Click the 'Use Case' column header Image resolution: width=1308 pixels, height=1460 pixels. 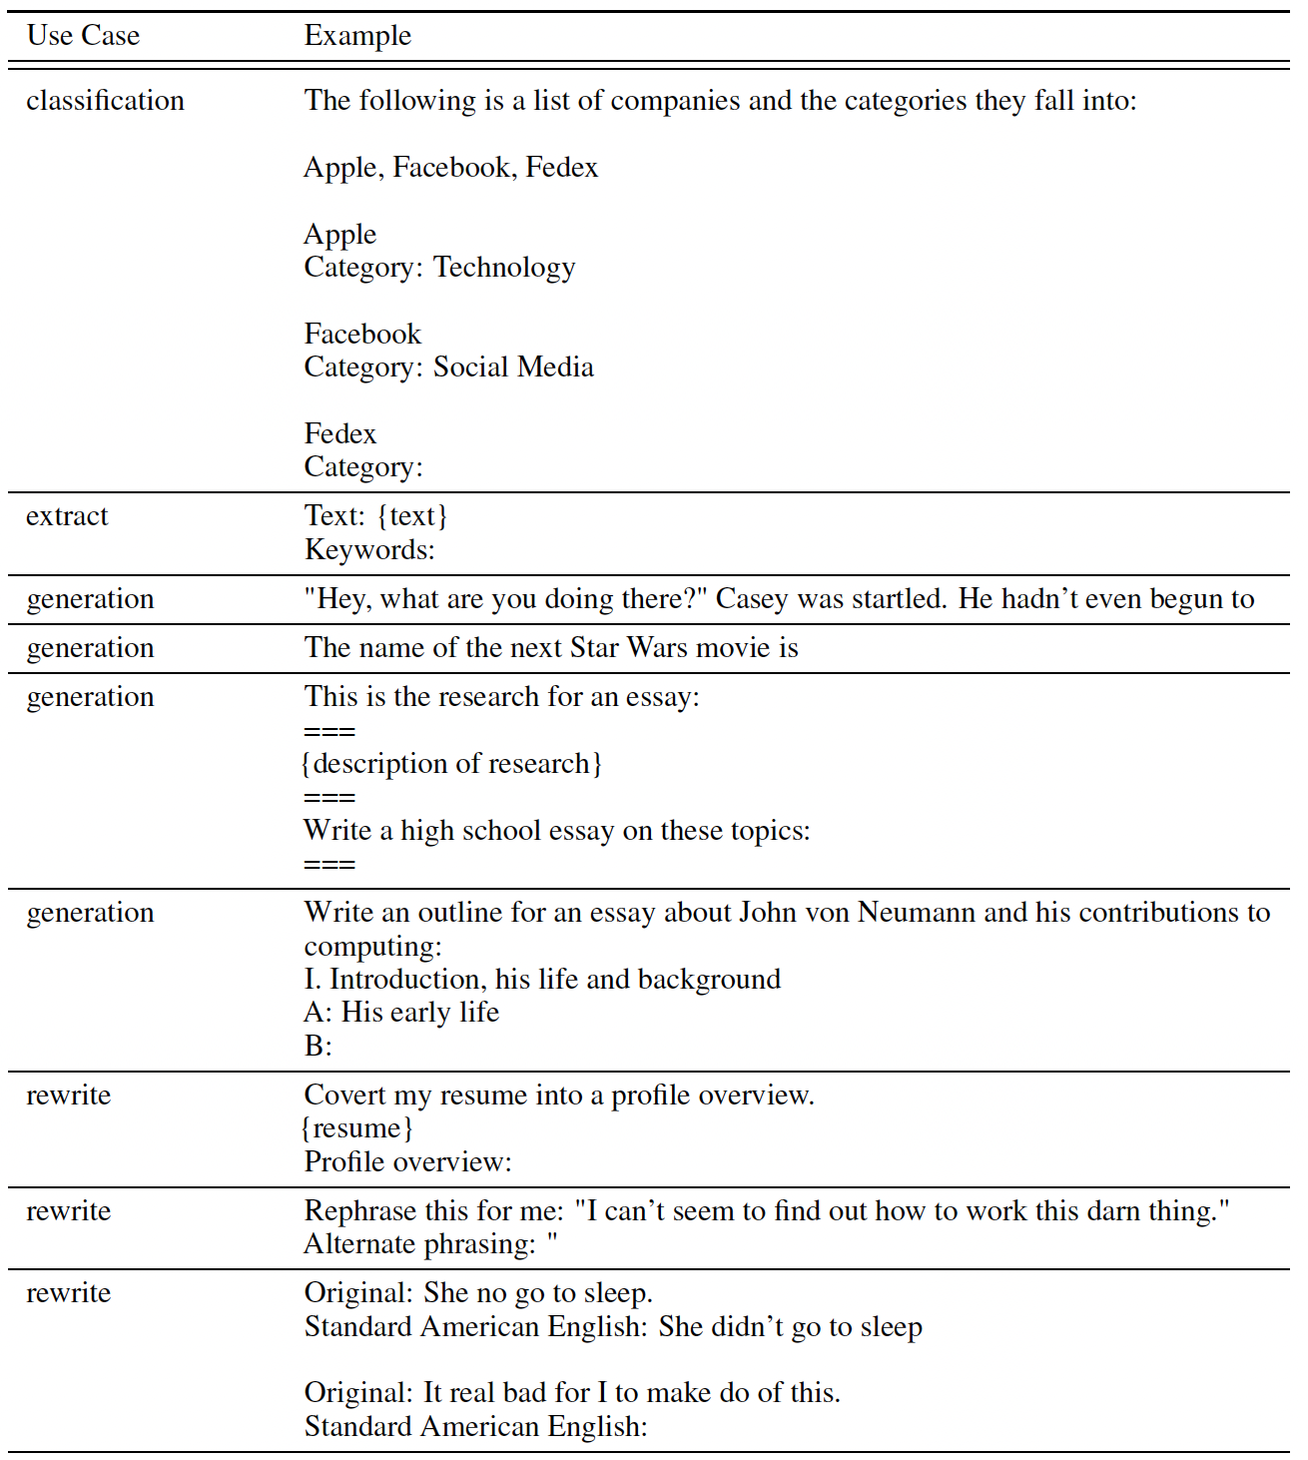(x=83, y=36)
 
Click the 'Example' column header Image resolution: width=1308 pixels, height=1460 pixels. (x=357, y=36)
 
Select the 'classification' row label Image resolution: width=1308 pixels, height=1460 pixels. (x=105, y=101)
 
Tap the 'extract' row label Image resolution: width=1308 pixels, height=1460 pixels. (x=67, y=516)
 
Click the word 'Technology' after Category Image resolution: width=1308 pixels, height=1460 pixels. (x=504, y=268)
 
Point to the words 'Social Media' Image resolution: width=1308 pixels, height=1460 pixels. (x=513, y=367)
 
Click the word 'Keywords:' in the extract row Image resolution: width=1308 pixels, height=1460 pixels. (x=369, y=550)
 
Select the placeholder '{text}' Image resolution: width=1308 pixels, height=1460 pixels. (x=413, y=516)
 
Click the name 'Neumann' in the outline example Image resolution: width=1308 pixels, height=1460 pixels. (x=918, y=913)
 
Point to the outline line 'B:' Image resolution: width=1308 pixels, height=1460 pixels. (x=318, y=1047)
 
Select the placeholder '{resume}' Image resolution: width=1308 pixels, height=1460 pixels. (x=357, y=1128)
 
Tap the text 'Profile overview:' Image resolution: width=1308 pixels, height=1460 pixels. (x=407, y=1162)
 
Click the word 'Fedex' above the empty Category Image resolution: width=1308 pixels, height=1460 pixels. (x=340, y=434)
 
